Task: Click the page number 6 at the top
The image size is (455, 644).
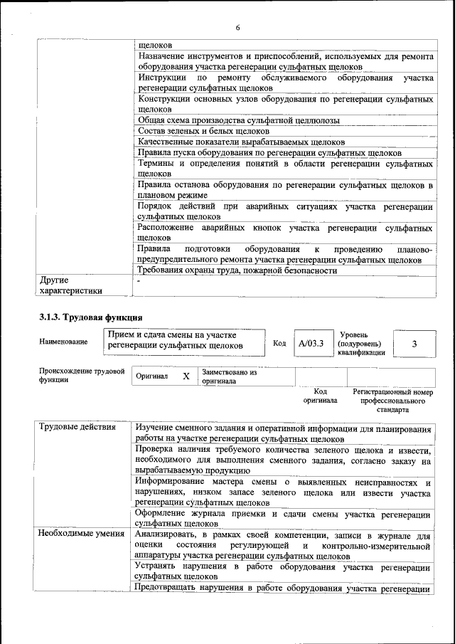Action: point(237,27)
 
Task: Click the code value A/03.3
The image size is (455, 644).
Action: point(311,343)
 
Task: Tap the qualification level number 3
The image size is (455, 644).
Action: point(414,344)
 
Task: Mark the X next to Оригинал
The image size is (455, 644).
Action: point(186,376)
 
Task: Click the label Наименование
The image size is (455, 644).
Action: point(64,342)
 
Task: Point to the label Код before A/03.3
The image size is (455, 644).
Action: point(279,343)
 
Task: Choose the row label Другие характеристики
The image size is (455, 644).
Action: point(71,285)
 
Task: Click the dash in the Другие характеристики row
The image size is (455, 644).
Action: point(139,281)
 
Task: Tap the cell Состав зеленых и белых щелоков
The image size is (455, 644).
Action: point(203,131)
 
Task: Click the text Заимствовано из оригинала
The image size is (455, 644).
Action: point(229,376)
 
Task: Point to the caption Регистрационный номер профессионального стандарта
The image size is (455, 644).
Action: point(392,401)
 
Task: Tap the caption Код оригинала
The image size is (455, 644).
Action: point(320,396)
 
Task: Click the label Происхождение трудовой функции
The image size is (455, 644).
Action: point(82,376)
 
